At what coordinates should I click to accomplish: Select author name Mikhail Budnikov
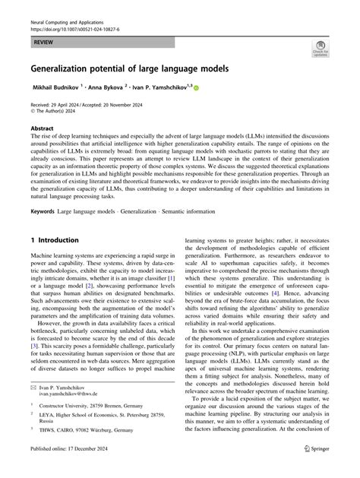pos(57,87)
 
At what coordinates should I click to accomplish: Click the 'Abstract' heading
pos(43,128)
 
